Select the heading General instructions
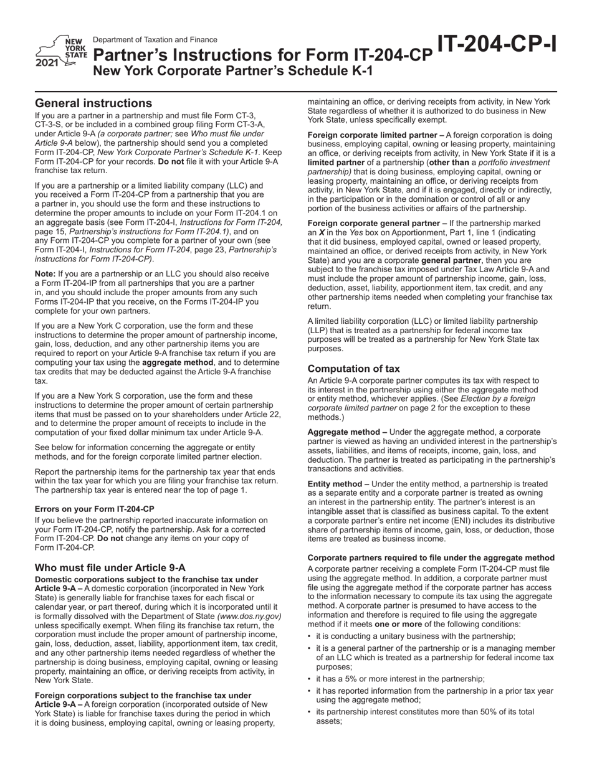click(93, 103)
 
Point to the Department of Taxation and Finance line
click(155, 39)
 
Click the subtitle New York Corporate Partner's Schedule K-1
click(233, 71)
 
